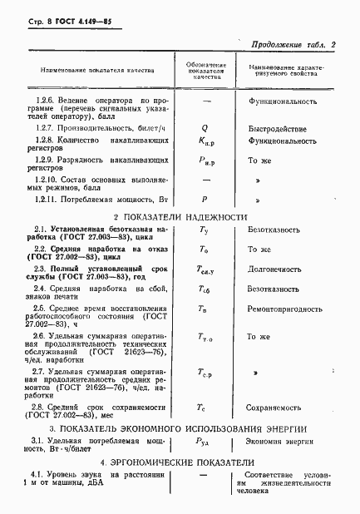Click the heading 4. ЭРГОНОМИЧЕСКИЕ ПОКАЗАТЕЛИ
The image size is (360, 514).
[179, 462]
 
